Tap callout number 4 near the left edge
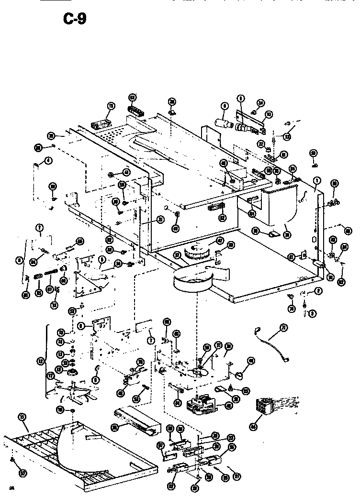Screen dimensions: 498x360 click(x=48, y=160)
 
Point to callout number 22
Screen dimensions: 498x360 click(x=261, y=144)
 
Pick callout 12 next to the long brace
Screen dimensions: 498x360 click(x=40, y=361)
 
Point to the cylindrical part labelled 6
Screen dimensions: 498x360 click(x=221, y=123)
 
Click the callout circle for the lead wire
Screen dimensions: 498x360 click(x=283, y=327)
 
